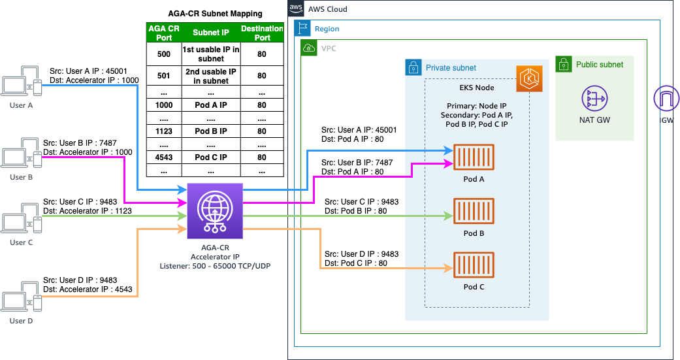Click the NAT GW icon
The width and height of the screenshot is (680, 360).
click(594, 99)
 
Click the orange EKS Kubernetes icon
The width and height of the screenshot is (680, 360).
click(528, 78)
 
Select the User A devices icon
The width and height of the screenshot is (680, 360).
click(22, 82)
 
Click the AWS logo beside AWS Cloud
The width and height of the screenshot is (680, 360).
click(295, 8)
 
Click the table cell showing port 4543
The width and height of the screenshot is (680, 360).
click(163, 157)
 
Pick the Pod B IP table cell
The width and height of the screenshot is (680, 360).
click(210, 131)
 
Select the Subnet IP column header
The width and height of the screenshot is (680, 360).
click(210, 33)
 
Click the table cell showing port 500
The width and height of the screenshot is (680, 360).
click(163, 54)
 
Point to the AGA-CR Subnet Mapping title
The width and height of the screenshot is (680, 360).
click(215, 14)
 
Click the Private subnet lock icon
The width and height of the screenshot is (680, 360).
click(413, 67)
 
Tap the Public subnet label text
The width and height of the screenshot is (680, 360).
click(599, 65)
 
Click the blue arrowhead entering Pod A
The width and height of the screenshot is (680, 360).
click(449, 151)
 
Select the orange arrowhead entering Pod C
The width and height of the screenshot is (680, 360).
click(449, 268)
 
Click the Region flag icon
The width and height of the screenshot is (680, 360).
click(302, 28)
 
